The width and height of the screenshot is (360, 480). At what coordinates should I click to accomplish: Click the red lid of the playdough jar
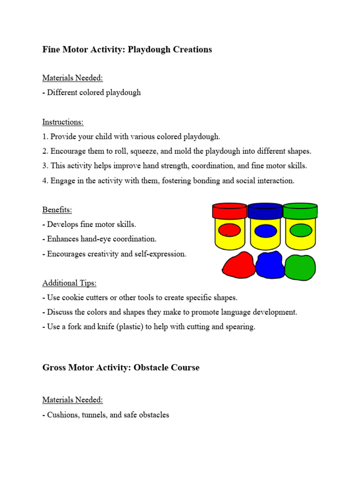[x=230, y=211]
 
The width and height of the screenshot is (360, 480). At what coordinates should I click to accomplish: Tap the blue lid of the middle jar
[x=265, y=211]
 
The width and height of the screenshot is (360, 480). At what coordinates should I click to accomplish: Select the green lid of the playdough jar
[x=300, y=211]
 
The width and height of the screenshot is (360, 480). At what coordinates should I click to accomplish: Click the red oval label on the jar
[x=230, y=230]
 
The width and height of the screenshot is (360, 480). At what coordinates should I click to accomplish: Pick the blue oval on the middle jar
[x=265, y=230]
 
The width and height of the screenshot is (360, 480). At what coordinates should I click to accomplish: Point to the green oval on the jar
[x=300, y=230]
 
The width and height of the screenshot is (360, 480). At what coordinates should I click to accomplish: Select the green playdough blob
[x=300, y=267]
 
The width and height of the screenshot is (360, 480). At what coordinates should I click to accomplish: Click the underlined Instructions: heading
[x=63, y=122]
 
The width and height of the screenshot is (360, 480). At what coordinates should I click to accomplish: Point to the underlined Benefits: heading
[x=57, y=210]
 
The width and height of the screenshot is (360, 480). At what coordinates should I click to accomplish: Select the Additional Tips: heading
[x=69, y=283]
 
